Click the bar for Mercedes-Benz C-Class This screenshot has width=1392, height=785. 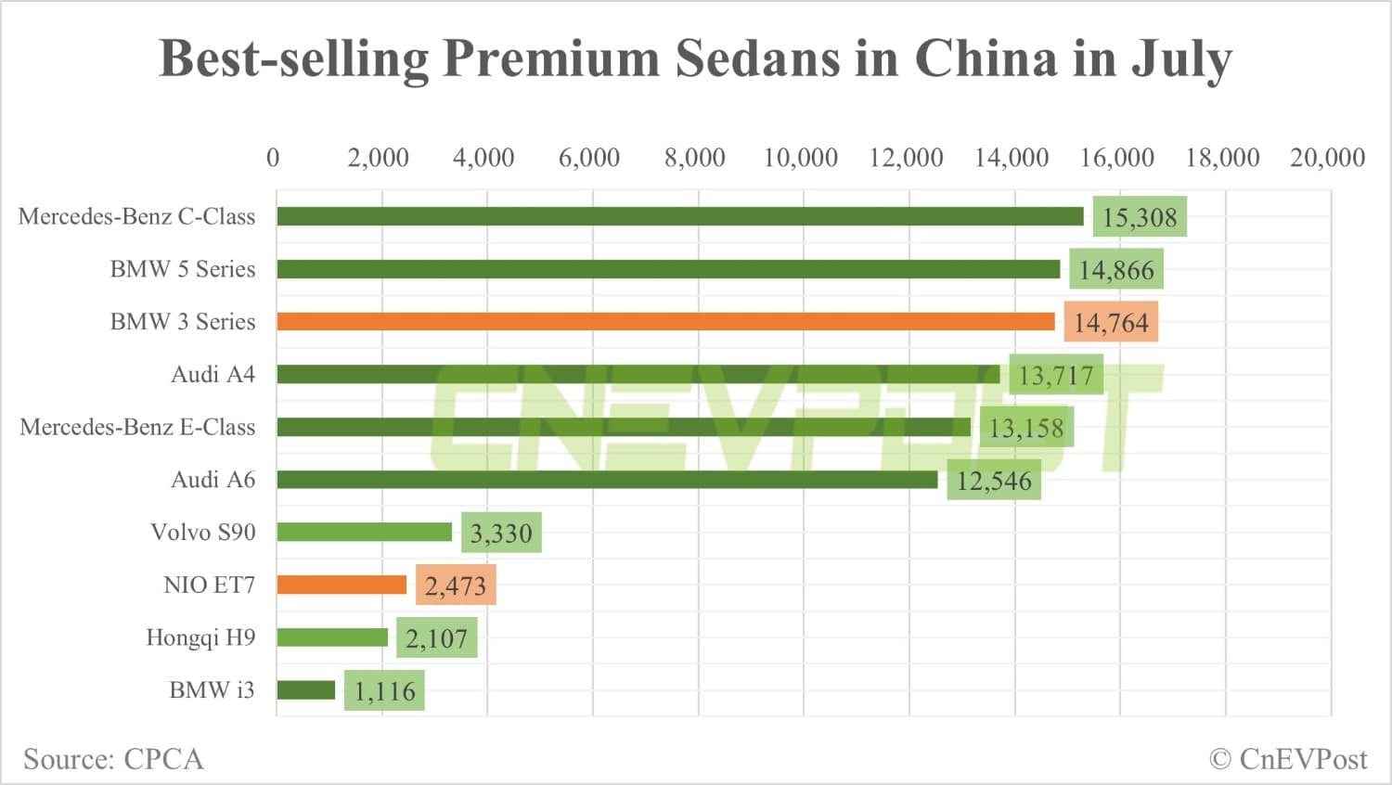(x=679, y=216)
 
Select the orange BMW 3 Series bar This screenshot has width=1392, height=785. (x=665, y=322)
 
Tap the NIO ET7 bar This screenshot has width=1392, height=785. (x=342, y=585)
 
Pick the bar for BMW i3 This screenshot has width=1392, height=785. (x=305, y=690)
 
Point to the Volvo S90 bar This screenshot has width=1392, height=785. (x=364, y=532)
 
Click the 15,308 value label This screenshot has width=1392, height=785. (x=1140, y=217)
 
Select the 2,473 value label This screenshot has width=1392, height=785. (x=456, y=586)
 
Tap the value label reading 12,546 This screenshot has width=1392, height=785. (x=994, y=481)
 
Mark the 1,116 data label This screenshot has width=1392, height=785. (x=384, y=691)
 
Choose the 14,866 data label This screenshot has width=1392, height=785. (x=1116, y=270)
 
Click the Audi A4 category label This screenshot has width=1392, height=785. (x=213, y=375)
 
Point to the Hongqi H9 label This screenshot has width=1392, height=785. (x=200, y=637)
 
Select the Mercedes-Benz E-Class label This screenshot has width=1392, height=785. (x=137, y=427)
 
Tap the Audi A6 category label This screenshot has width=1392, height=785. (x=213, y=480)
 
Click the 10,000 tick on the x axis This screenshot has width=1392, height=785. (x=800, y=158)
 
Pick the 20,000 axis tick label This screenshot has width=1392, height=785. (x=1327, y=158)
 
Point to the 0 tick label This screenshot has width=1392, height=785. (x=273, y=158)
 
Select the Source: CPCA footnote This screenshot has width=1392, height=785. (x=113, y=759)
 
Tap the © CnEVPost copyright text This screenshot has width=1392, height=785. (x=1288, y=759)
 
